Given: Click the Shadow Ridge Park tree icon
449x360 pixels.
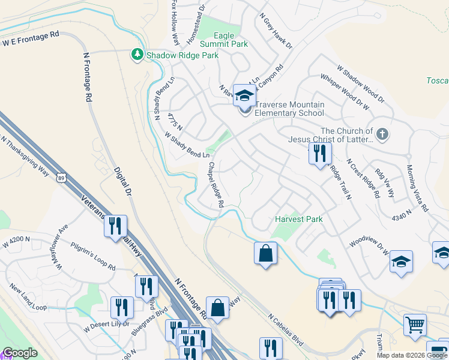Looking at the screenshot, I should coord(137,55).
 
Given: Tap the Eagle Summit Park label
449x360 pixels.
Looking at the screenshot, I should coord(231,40).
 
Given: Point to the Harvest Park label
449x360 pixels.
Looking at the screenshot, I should coord(299,219).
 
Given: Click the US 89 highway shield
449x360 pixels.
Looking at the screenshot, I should coord(60,178).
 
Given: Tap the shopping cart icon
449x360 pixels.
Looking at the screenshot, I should coord(414,325).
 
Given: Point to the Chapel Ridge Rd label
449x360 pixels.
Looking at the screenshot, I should coord(216,185).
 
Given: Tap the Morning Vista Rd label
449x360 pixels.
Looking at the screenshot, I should coord(417,188).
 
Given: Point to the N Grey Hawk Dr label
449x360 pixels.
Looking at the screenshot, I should coord(276,32).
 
